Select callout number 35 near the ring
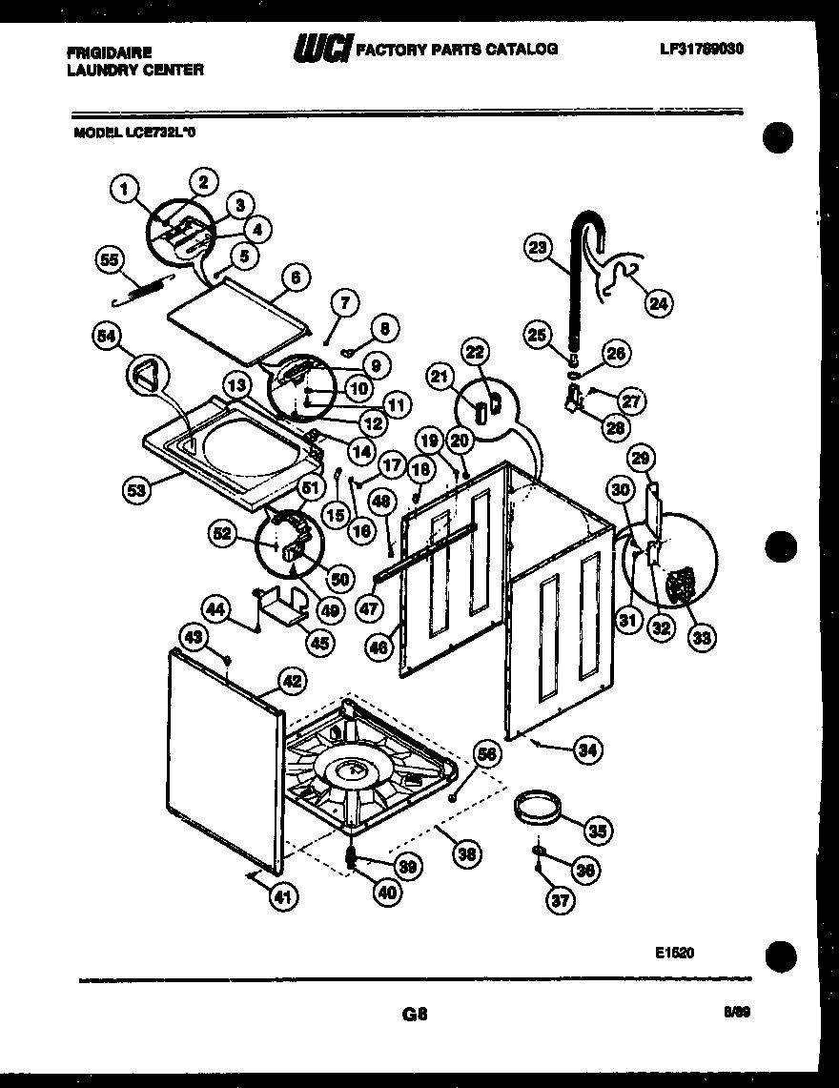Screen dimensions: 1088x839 (598, 830)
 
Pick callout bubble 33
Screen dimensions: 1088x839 (702, 637)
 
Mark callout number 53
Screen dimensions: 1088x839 (138, 490)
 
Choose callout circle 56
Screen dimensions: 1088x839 (487, 753)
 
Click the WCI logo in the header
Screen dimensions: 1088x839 (322, 48)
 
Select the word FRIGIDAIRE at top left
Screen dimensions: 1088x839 (109, 53)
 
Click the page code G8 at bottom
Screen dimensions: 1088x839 (415, 1016)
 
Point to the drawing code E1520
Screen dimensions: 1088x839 (674, 951)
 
